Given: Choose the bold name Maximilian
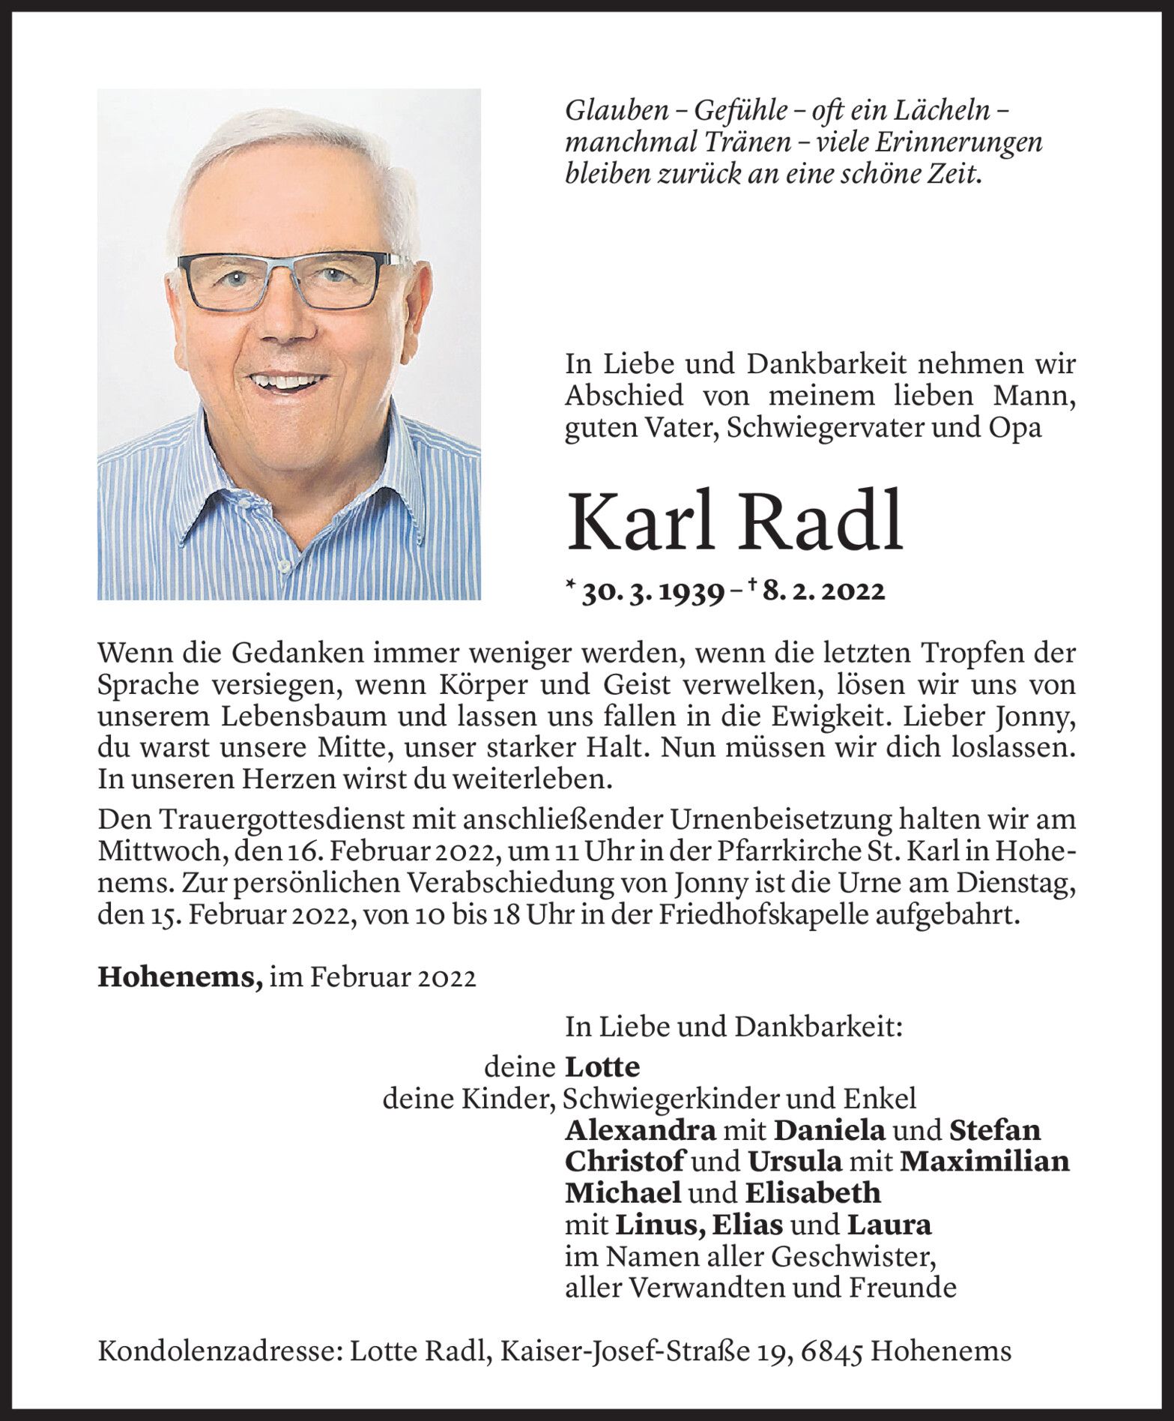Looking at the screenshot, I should [984, 1160].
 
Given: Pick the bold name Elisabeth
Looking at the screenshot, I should [812, 1192].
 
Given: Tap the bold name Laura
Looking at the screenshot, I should [889, 1224].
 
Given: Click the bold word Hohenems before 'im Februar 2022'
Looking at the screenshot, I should [180, 979].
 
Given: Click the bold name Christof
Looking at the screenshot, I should [624, 1160].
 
